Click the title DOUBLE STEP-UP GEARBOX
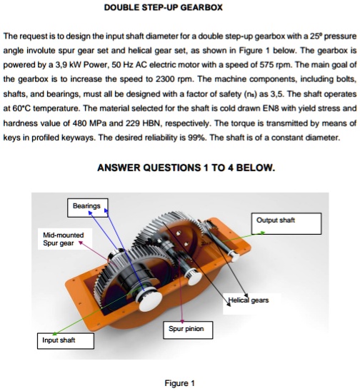[x=164, y=7]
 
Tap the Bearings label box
[x=88, y=208]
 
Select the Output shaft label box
[x=286, y=223]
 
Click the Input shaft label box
[x=66, y=340]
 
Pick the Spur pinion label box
[x=188, y=330]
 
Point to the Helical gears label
[x=249, y=300]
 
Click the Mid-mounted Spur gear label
[x=64, y=239]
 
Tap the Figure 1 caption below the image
[x=179, y=383]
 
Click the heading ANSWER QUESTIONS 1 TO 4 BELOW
[x=186, y=168]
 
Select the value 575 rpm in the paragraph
[x=276, y=65]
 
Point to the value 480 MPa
[x=89, y=123]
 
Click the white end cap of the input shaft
[x=150, y=301]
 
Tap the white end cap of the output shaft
[x=235, y=257]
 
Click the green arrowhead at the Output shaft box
[x=262, y=233]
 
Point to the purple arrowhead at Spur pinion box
[x=182, y=321]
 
